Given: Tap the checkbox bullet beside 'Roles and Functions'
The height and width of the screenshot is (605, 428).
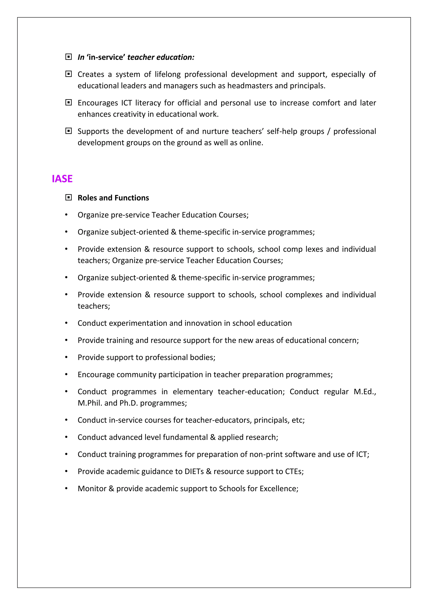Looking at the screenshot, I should pyautogui.click(x=68, y=197).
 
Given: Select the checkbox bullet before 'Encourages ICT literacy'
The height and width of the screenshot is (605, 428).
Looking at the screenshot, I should pyautogui.click(x=68, y=103).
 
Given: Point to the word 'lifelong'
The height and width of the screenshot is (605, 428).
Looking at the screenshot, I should pyautogui.click(x=167, y=74).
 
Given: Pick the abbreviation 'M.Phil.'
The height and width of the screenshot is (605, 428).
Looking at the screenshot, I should pyautogui.click(x=90, y=403).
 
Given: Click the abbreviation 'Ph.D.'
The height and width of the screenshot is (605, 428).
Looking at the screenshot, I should pyautogui.click(x=128, y=403).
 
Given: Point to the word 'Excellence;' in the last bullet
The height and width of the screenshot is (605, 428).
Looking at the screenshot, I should pyautogui.click(x=279, y=488).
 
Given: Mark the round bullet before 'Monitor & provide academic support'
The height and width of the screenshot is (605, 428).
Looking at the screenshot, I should pyautogui.click(x=66, y=488).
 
